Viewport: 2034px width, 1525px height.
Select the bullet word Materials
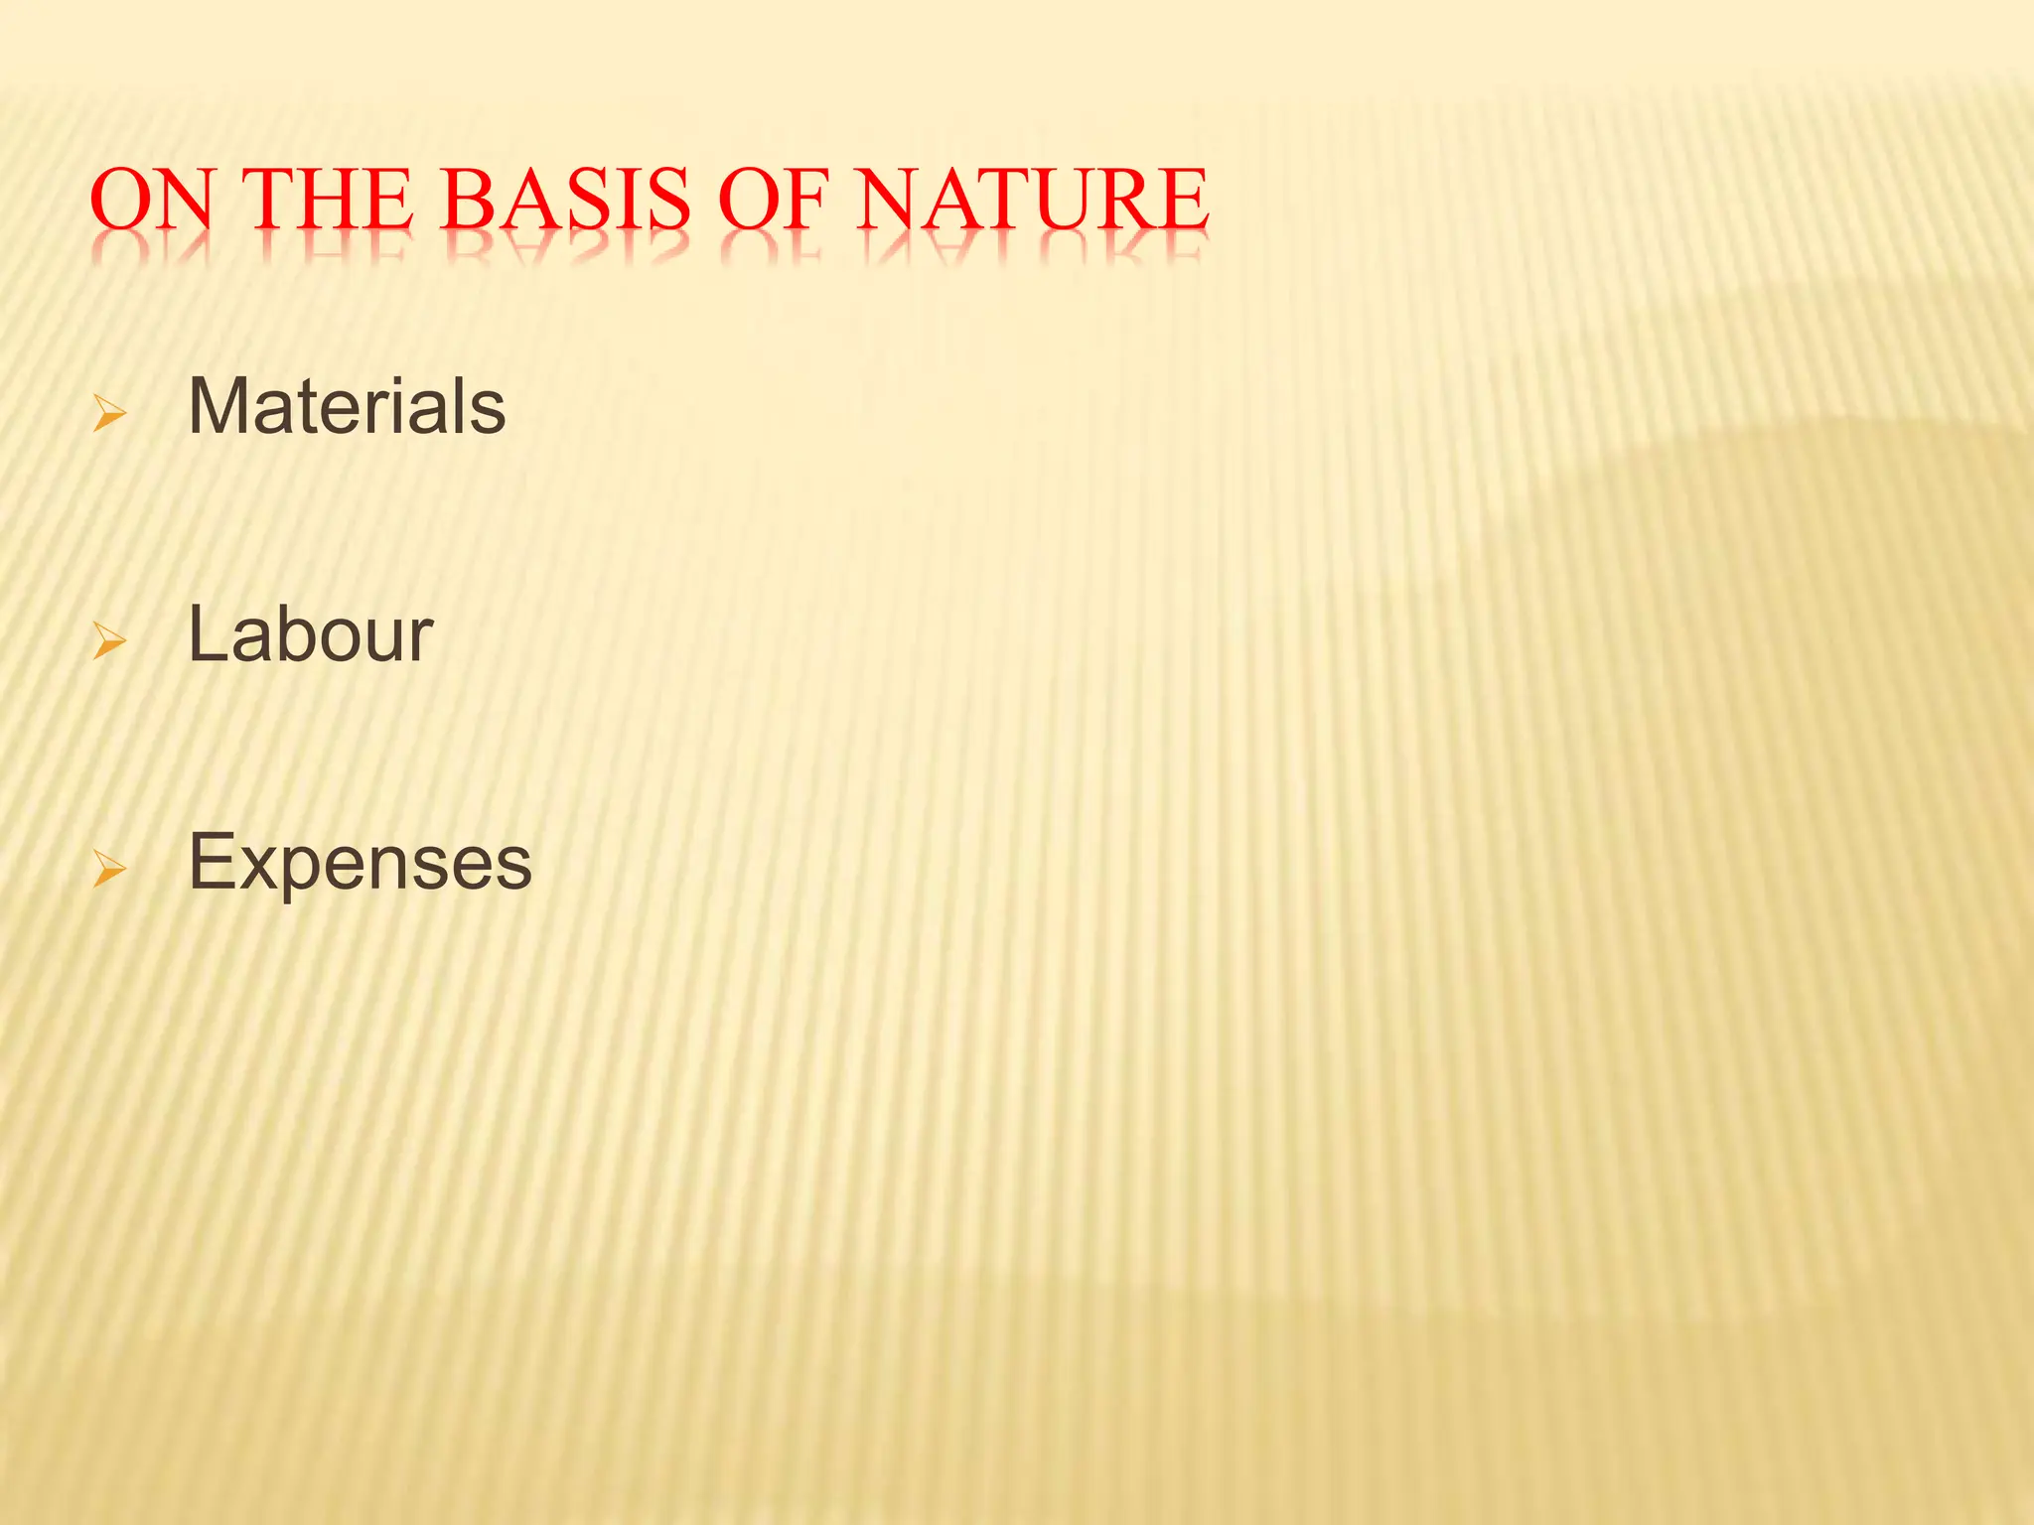pyautogui.click(x=347, y=407)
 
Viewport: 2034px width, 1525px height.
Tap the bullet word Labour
pyautogui.click(x=310, y=634)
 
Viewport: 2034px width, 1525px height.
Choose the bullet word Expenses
pyautogui.click(x=360, y=862)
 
